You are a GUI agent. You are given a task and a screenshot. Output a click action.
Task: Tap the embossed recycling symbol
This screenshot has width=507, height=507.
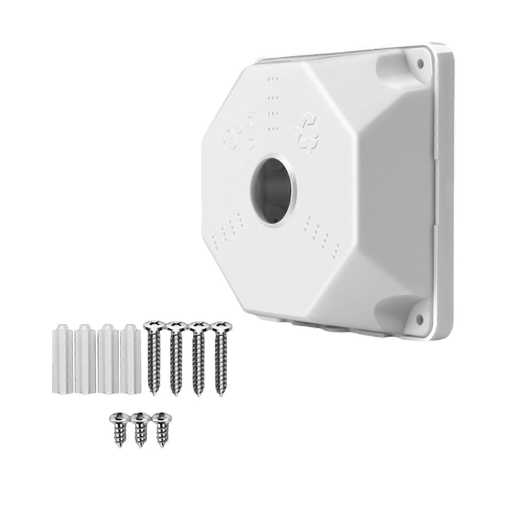(306, 133)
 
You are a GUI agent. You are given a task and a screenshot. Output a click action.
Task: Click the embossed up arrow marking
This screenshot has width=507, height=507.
(250, 130)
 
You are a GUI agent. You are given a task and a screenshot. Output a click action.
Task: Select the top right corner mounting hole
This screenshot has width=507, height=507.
(420, 63)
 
